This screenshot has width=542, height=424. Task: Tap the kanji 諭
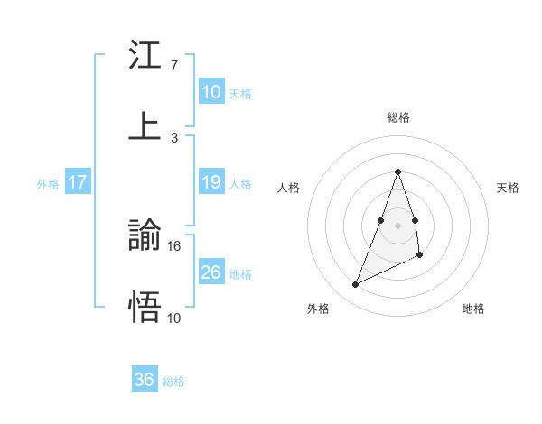[145, 236]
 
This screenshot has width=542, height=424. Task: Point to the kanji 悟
[145, 308]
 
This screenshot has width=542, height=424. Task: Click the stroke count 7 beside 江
[174, 66]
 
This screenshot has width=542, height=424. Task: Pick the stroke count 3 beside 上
[174, 137]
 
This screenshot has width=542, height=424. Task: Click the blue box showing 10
[211, 92]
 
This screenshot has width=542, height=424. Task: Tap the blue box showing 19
[211, 183]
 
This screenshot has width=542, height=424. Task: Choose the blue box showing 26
[211, 272]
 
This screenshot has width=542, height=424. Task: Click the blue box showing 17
[78, 183]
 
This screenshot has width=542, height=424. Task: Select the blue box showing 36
[145, 380]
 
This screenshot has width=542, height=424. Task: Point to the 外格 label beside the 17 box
[48, 184]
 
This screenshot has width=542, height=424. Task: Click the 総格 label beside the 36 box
[173, 382]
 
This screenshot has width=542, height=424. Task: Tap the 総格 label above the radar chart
[397, 117]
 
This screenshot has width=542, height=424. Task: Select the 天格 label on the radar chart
[509, 188]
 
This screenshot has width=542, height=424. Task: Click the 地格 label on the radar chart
[473, 309]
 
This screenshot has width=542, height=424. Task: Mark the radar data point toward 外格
[355, 285]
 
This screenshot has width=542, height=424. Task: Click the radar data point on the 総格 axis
[397, 171]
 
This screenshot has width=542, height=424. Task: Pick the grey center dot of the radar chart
[397, 225]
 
